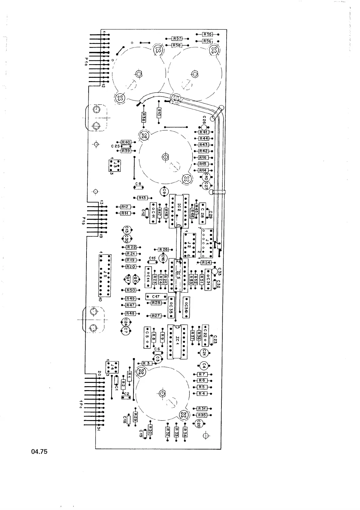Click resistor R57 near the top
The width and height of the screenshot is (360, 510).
point(177,39)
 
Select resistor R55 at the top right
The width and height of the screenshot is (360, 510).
point(208,35)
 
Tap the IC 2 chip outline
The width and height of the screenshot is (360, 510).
point(179,211)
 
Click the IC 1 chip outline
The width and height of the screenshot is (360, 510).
point(177,341)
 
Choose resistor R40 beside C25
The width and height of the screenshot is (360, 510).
point(126,142)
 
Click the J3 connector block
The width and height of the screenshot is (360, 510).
point(115,166)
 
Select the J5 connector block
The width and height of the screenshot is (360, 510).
point(105,276)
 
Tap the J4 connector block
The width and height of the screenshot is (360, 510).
point(112,367)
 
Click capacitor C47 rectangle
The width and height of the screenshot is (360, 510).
point(156,297)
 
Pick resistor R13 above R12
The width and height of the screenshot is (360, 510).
point(142,198)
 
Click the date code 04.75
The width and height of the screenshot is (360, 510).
point(39,452)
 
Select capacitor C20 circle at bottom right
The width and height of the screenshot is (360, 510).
point(199,424)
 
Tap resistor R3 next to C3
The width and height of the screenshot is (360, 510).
point(146,363)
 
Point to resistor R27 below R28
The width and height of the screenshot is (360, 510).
point(156,316)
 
